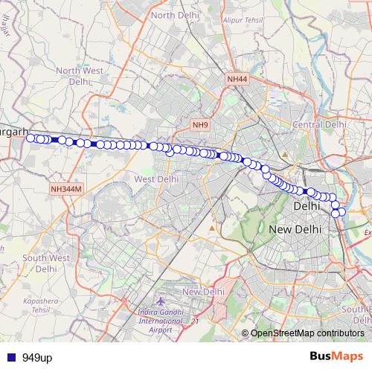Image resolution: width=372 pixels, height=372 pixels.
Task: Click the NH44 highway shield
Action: (x=237, y=78)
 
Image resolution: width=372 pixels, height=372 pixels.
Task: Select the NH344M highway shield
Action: (x=65, y=190)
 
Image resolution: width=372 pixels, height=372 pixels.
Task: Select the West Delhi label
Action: (x=155, y=179)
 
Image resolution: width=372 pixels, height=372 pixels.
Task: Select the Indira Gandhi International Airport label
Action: (x=160, y=321)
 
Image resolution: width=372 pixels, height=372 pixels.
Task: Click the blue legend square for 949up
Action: (x=10, y=358)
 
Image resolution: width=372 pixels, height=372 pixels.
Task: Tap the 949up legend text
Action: (x=37, y=358)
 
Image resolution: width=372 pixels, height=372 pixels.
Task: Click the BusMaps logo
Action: (x=336, y=357)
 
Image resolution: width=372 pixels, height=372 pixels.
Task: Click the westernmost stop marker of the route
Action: (x=31, y=138)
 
